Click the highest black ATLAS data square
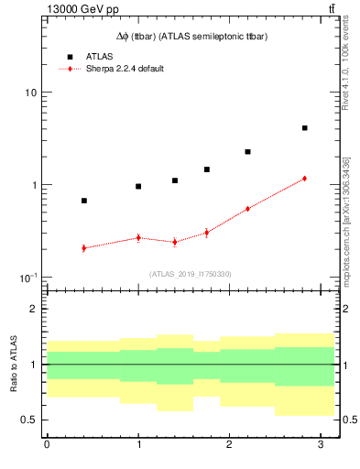click(x=304, y=128)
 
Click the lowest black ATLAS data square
click(x=84, y=201)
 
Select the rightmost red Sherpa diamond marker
click(x=304, y=179)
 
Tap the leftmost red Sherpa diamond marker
click(x=84, y=248)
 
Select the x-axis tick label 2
click(x=230, y=445)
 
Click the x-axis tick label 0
click(x=47, y=445)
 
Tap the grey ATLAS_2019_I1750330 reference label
click(x=191, y=274)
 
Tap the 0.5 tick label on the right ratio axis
click(x=351, y=420)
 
